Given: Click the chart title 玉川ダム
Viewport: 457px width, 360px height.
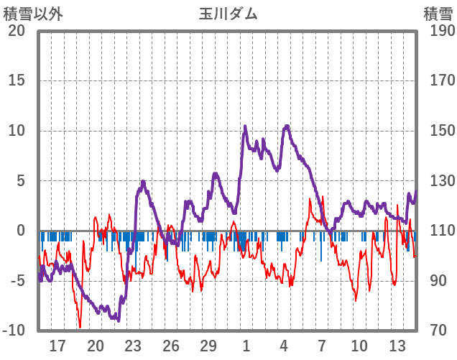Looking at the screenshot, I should [x=228, y=14].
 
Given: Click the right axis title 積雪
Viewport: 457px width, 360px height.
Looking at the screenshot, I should [x=438, y=14].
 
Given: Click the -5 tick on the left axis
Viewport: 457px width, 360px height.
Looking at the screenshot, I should [x=17, y=281].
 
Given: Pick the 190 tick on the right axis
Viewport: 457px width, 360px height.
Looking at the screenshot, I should [x=438, y=31].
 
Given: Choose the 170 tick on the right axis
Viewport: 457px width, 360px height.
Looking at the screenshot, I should [x=438, y=80].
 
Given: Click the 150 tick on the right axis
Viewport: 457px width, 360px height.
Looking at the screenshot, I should [x=438, y=131].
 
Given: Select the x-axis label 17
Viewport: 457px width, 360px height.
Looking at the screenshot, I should [x=58, y=346].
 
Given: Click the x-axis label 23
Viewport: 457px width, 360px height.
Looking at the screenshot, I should [x=133, y=346].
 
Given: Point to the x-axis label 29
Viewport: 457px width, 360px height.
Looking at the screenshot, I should [x=208, y=346].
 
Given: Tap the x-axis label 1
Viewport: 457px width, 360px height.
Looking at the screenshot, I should [x=246, y=346].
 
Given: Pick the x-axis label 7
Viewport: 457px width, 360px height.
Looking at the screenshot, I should [x=322, y=346].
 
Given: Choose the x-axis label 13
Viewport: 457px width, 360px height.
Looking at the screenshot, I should [x=397, y=346].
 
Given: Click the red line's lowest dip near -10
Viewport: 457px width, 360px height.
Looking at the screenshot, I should [x=80, y=327].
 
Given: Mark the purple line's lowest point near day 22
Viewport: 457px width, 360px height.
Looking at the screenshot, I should [x=119, y=320].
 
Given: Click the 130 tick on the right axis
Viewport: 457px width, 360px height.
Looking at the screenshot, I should [x=438, y=181].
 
